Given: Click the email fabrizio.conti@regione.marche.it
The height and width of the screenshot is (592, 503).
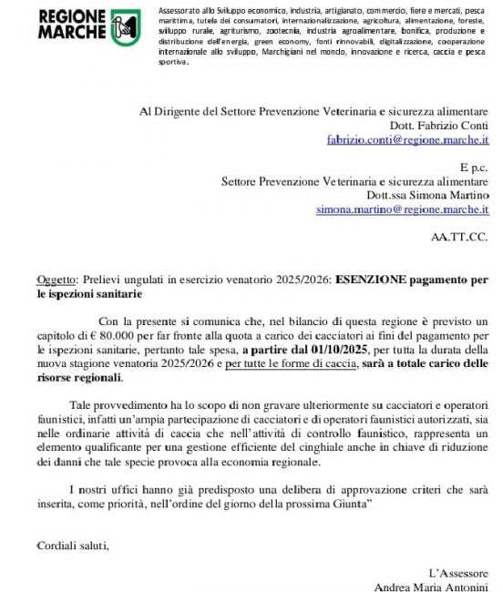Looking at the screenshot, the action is (410, 140).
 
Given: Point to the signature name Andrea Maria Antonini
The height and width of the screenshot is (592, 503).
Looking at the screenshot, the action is (433, 585).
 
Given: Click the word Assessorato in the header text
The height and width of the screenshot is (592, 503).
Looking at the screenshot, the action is (182, 8).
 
